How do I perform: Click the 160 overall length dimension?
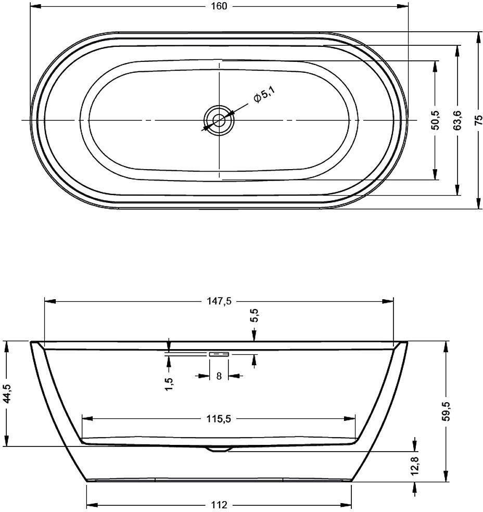click(219, 6)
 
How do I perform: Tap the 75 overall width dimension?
click(478, 120)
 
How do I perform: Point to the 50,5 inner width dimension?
click(435, 120)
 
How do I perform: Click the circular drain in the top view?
click(219, 120)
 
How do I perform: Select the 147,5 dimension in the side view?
click(219, 301)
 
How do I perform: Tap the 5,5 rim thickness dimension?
click(255, 315)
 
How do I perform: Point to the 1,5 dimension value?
click(169, 384)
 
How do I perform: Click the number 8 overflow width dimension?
click(219, 376)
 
